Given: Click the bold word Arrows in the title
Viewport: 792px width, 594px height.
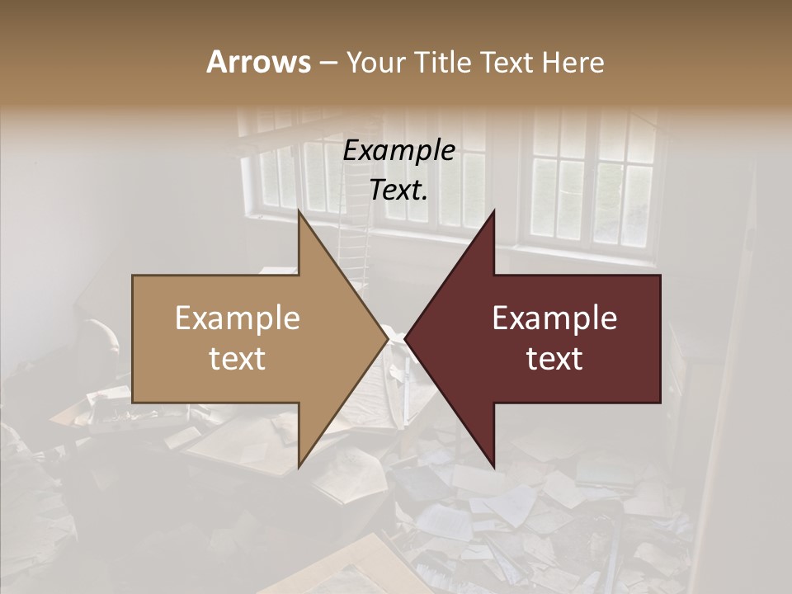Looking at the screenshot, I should click(x=258, y=62).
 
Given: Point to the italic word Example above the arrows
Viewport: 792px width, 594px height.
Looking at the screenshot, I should click(x=398, y=151).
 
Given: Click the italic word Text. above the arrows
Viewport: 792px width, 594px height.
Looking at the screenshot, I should click(x=398, y=191).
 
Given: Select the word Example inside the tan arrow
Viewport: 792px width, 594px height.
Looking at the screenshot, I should click(x=237, y=318).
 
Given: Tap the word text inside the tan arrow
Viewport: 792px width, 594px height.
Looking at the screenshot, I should click(x=237, y=359).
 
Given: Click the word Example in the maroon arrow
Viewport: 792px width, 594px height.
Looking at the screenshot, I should click(x=554, y=318).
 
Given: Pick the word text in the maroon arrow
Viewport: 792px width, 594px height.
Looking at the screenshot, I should click(x=554, y=359).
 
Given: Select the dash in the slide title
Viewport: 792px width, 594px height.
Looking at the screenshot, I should click(x=328, y=63).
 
